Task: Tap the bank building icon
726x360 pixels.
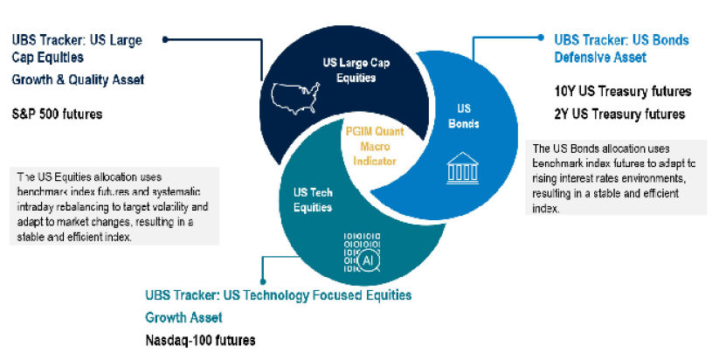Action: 462,168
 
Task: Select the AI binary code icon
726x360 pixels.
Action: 362,252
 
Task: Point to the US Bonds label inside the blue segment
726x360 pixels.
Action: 464,116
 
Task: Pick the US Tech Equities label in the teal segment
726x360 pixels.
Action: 313,200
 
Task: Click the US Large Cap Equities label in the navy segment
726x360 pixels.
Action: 356,70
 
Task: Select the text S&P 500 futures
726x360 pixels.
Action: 57,114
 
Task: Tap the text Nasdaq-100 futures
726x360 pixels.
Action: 200,341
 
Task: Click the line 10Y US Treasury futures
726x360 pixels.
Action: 623,91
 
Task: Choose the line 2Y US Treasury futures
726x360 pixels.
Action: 619,114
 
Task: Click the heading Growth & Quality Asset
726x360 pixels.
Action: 79,80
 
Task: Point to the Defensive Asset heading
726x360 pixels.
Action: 600,58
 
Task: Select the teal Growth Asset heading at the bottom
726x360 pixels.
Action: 183,318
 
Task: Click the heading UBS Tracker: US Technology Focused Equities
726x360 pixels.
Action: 279,295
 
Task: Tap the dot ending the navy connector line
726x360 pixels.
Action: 165,40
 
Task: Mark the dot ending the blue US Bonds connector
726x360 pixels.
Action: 540,37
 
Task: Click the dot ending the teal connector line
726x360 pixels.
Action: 263,281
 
